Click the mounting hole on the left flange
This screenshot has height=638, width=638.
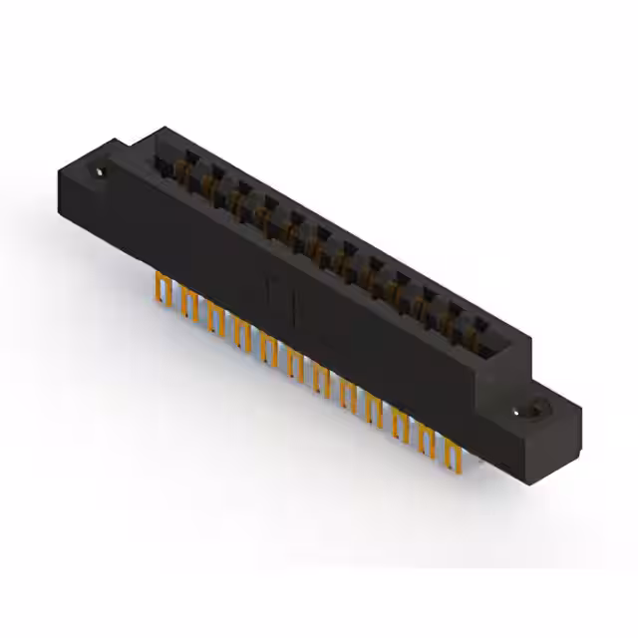[x=101, y=172]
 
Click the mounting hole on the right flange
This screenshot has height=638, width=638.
[x=535, y=410]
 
